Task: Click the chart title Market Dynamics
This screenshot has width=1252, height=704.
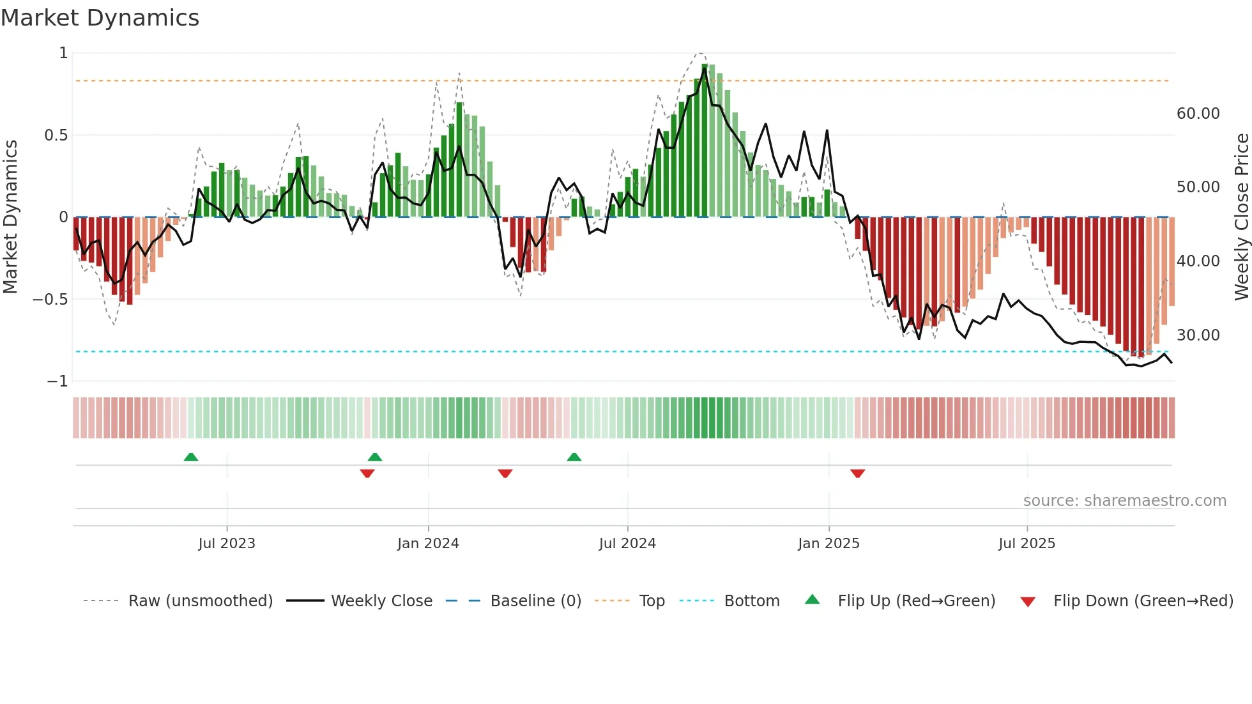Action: coord(100,18)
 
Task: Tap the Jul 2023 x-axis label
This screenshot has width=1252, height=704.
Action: coord(226,544)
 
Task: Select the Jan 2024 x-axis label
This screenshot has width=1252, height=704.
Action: coord(428,544)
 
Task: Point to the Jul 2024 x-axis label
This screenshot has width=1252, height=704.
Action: coord(627,544)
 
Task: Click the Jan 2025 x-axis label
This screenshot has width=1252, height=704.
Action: coord(828,544)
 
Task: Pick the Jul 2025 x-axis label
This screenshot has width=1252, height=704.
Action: coord(1027,544)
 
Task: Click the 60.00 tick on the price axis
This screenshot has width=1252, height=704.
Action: coord(1198,114)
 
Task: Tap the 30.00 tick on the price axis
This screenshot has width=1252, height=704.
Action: coord(1198,335)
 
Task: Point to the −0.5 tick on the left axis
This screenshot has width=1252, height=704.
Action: coord(50,300)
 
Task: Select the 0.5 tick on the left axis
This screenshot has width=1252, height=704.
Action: coord(56,135)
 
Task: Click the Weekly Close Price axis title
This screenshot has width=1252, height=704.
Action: coord(1241,217)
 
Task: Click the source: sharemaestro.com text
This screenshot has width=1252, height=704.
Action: coord(1124,501)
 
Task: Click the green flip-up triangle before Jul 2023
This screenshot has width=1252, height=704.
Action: coord(191,457)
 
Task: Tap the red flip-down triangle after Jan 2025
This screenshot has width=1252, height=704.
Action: coord(857,473)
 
